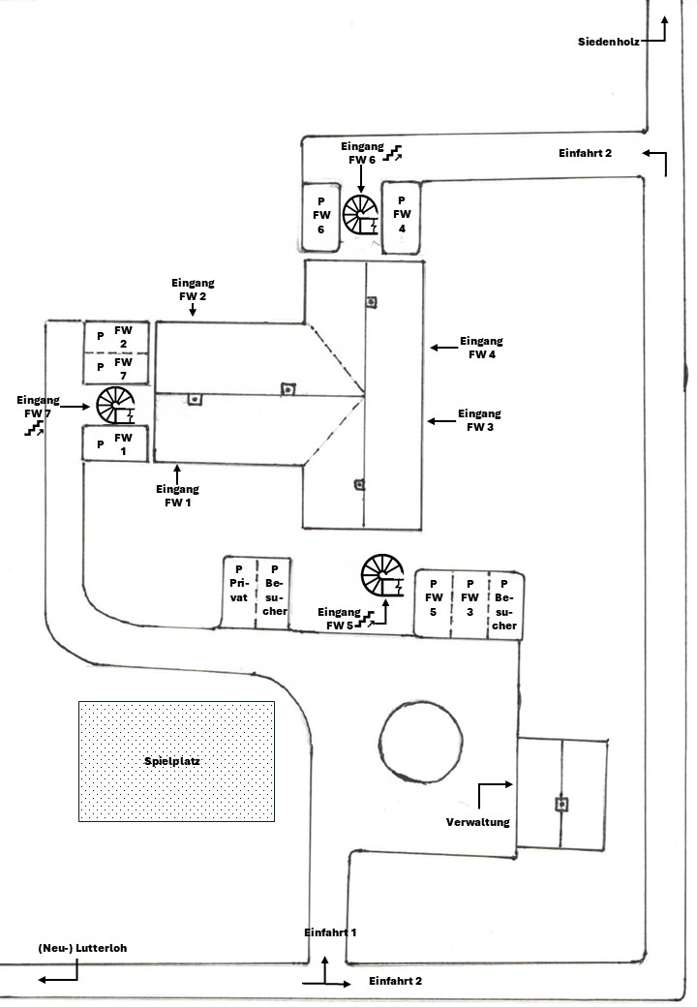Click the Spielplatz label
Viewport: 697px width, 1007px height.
pyautogui.click(x=175, y=762)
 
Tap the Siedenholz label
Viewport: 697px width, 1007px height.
pyautogui.click(x=608, y=42)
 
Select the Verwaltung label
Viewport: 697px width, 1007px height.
pyautogui.click(x=477, y=822)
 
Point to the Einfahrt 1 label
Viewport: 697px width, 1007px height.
pyautogui.click(x=330, y=931)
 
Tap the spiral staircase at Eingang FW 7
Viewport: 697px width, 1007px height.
pyautogui.click(x=117, y=406)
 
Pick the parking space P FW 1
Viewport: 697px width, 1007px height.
pyautogui.click(x=114, y=444)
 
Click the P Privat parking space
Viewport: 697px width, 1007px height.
pyautogui.click(x=237, y=593)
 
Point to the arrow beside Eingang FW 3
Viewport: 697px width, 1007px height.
pyautogui.click(x=441, y=420)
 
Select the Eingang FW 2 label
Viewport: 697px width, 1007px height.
pyautogui.click(x=193, y=289)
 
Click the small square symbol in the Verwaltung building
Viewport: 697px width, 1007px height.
pyautogui.click(x=561, y=804)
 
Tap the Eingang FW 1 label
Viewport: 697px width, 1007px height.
pyautogui.click(x=177, y=496)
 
